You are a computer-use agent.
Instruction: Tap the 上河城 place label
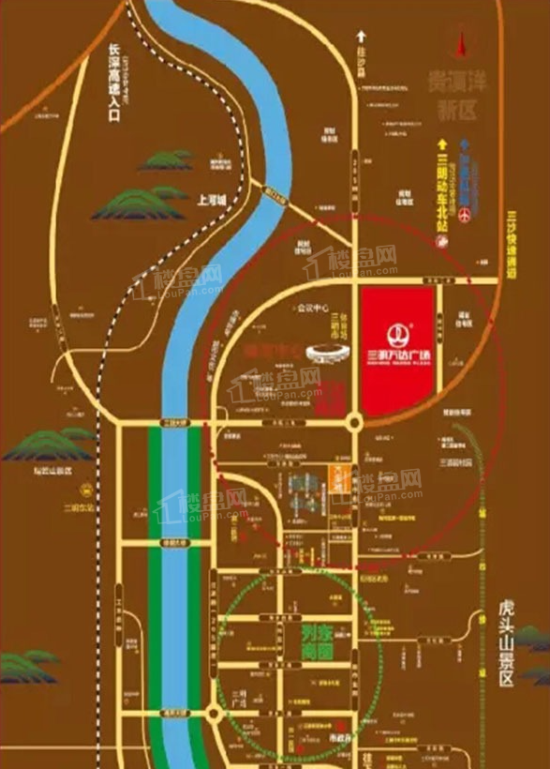pos(214,200)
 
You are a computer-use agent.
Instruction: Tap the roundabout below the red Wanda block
pos(354,424)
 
